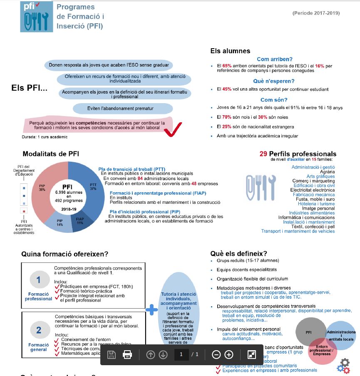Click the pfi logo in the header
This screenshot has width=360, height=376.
(37, 17)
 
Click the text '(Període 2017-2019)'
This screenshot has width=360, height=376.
(316, 13)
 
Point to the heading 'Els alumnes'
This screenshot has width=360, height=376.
(230, 51)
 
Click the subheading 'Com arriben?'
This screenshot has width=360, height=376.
(274, 59)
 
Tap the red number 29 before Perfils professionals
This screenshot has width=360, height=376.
(263, 154)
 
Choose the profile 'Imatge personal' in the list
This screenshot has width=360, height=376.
(318, 208)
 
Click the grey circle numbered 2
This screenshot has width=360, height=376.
(38, 330)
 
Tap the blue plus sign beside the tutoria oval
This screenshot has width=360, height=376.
(151, 309)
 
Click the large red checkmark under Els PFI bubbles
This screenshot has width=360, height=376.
(173, 129)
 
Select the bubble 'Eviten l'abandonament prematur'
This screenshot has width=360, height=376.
(123, 109)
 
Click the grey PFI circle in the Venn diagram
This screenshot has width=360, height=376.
(309, 332)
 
